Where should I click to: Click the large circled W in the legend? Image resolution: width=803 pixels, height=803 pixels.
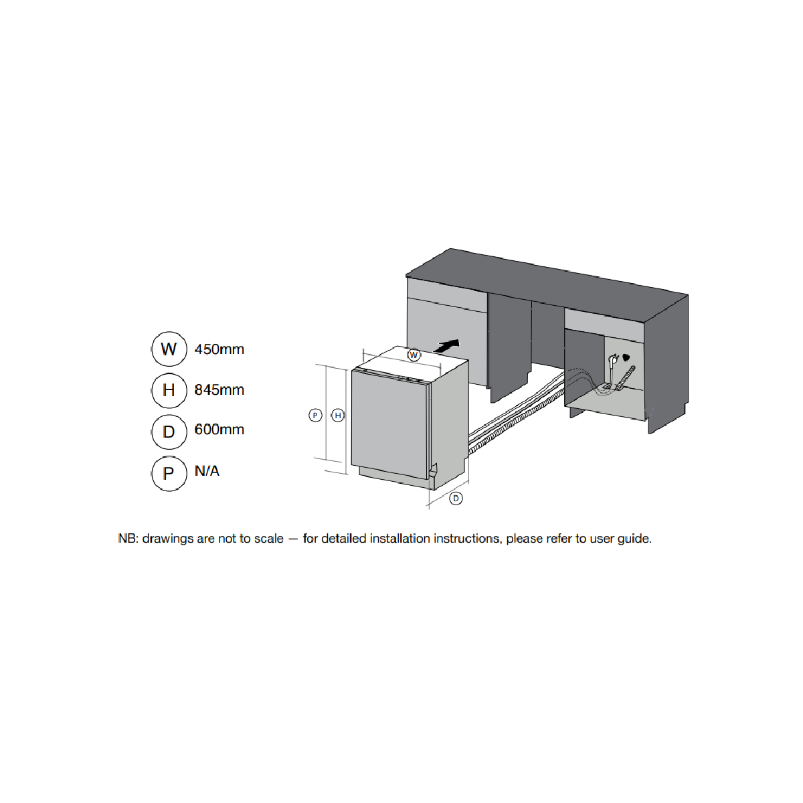point(169,349)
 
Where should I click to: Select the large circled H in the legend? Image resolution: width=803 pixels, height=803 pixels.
point(169,390)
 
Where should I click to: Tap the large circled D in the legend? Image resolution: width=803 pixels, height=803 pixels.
point(169,432)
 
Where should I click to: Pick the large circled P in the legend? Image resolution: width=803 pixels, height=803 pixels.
point(169,473)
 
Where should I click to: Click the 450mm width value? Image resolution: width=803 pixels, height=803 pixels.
point(219,349)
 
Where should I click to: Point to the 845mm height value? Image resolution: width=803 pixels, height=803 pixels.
point(219,390)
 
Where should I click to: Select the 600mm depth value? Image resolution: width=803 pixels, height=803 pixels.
point(219,430)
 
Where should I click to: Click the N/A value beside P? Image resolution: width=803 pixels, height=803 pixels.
point(207,471)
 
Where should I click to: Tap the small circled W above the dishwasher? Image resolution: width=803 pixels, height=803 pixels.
point(414,355)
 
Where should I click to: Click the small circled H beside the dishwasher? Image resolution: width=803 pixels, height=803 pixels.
point(338,416)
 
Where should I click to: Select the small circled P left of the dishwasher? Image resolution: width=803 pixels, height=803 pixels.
point(315,416)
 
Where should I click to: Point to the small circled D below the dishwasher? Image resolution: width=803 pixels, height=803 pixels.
point(456,499)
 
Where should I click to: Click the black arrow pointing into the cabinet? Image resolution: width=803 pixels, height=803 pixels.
point(447,346)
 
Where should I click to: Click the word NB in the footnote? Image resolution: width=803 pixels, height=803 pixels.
point(127,539)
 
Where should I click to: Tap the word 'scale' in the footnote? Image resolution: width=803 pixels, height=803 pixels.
point(269,539)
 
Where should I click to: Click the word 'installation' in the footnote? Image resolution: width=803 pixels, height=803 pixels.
point(400,539)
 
